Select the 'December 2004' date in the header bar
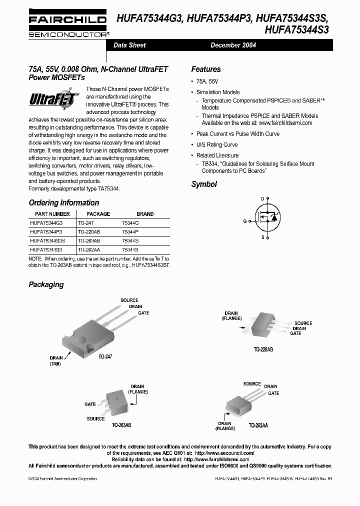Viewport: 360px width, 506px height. [x=233, y=45]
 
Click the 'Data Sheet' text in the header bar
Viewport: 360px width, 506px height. [x=129, y=45]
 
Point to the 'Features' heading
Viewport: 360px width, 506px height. [x=205, y=69]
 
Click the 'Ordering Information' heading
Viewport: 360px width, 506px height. [x=64, y=203]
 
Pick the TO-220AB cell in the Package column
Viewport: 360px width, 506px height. [x=89, y=232]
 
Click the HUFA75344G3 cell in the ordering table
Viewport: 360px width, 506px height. [x=46, y=223]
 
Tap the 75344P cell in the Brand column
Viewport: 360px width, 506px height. [x=130, y=232]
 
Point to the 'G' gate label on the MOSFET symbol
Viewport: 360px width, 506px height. [x=245, y=220]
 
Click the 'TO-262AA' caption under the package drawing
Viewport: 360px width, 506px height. [x=258, y=425]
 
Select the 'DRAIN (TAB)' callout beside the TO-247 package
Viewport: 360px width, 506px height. [x=56, y=361]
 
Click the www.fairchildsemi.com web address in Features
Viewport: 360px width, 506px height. [x=285, y=123]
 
